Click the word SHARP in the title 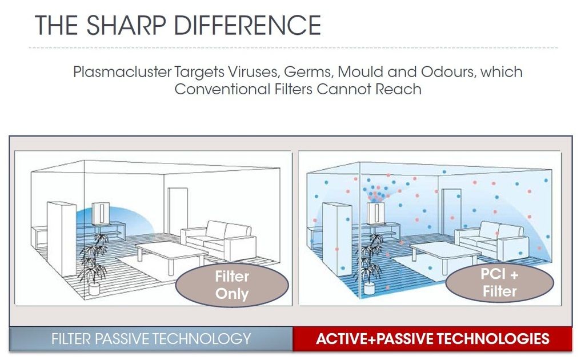(126, 25)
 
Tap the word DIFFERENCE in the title (247, 25)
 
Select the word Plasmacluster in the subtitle (122, 71)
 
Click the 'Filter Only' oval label (232, 285)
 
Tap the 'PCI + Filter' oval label (499, 282)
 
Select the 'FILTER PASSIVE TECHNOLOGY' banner (151, 339)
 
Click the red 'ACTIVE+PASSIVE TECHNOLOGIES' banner (432, 339)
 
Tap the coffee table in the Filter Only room (171, 254)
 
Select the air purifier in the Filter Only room (101, 214)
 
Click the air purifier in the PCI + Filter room (375, 214)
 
